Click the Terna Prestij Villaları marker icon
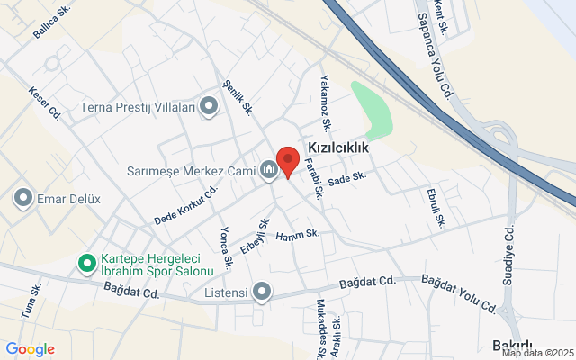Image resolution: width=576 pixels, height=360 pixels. pyautogui.click(x=210, y=108)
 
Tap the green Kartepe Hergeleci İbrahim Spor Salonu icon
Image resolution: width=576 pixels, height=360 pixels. pyautogui.click(x=87, y=264)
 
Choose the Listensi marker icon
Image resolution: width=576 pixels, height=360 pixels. pyautogui.click(x=262, y=291)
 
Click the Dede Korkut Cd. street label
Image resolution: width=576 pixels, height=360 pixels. pyautogui.click(x=187, y=206)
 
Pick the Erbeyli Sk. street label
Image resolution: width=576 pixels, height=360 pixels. pyautogui.click(x=262, y=235)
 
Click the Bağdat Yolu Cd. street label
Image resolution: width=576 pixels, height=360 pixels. pyautogui.click(x=459, y=294)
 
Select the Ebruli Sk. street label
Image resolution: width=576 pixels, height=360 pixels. pyautogui.click(x=437, y=207)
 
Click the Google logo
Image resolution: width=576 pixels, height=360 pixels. pyautogui.click(x=30, y=349)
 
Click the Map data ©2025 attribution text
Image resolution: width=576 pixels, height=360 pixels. pyautogui.click(x=536, y=354)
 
